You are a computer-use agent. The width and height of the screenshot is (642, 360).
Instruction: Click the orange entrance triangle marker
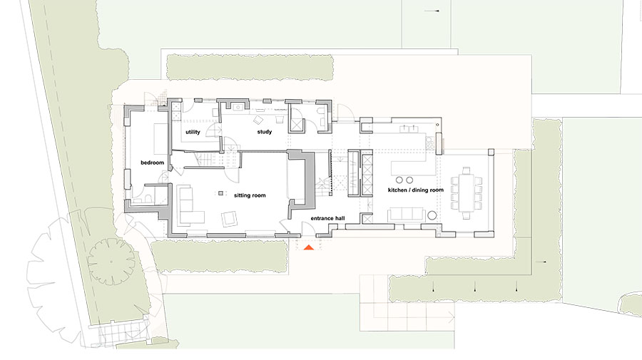[309, 247]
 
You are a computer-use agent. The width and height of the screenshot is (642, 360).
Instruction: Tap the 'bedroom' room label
[153, 163]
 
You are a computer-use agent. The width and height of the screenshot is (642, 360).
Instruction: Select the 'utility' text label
[193, 132]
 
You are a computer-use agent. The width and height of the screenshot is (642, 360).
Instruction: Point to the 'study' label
[265, 132]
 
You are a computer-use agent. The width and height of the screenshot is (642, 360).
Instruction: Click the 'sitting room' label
[250, 195]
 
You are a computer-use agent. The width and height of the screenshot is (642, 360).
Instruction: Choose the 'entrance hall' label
[327, 218]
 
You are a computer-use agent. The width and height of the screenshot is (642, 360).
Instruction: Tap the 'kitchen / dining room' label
[416, 190]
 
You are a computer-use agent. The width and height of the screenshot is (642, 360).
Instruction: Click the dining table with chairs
[467, 192]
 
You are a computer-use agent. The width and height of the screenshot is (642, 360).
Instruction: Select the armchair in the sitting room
[229, 219]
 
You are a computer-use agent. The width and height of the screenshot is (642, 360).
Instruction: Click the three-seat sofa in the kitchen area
[406, 214]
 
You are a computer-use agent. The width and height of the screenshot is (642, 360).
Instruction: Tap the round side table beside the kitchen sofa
[432, 215]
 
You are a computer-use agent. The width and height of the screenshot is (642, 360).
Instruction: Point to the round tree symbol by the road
[111, 262]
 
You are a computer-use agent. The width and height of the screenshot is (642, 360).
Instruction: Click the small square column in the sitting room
[220, 193]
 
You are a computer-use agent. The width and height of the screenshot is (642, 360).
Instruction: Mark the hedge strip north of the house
[250, 67]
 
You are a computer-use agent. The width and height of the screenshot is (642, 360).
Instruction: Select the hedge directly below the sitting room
[219, 257]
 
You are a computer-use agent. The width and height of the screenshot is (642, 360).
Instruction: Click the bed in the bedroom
[160, 139]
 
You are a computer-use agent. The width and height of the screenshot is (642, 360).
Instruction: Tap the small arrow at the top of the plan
[432, 11]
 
